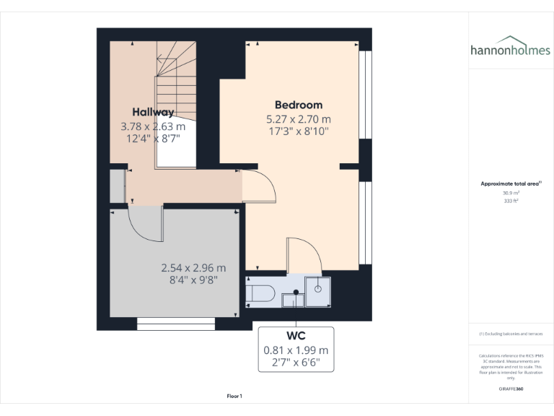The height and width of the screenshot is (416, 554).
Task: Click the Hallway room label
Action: coord(153,112)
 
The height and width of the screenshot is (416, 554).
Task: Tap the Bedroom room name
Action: coord(298,105)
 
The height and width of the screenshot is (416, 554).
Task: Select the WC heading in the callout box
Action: coord(296,336)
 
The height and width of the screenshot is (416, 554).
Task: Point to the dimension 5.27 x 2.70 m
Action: coord(298,119)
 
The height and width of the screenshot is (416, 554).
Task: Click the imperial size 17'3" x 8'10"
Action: coord(298,131)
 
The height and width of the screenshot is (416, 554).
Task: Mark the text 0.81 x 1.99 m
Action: coord(296,350)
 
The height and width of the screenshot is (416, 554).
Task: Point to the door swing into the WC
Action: coord(299,256)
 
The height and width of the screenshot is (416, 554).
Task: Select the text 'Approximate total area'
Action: coord(510,184)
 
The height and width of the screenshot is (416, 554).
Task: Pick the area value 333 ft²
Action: coord(510,201)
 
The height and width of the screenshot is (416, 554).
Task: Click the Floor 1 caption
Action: coord(234,396)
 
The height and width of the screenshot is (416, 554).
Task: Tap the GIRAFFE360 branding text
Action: coord(510,389)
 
